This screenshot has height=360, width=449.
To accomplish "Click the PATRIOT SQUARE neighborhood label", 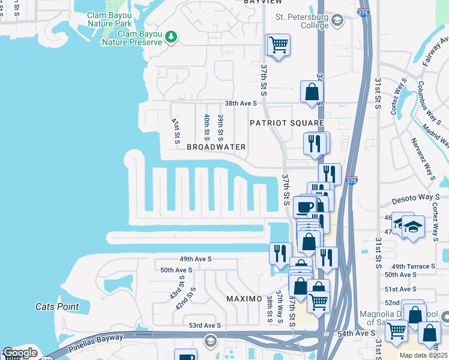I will tap(287, 123).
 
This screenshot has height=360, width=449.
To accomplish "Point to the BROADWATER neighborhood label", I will tap(216, 147).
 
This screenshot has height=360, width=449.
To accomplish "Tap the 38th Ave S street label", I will tap(241, 103).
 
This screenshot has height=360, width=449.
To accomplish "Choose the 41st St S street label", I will tap(176, 131).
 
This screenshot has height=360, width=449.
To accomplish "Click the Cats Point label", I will tap(57, 307).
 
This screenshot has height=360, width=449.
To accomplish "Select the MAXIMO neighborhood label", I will tap(244, 298).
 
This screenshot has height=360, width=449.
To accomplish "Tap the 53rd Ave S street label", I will tap(205, 325).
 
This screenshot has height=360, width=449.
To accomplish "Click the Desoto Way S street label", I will tap(416, 197).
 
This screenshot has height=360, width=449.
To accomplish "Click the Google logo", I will tap(20, 353).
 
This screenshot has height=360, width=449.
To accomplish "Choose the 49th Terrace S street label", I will tap(412, 266).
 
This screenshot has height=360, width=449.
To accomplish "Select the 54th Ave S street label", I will tap(356, 333).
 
